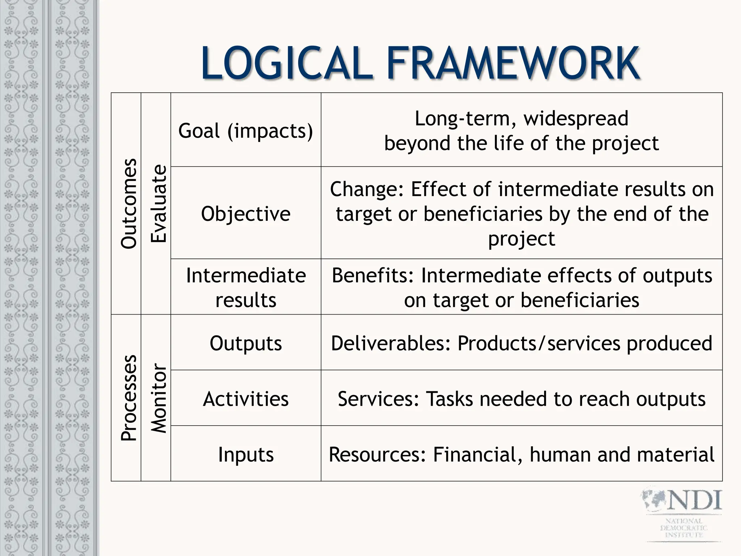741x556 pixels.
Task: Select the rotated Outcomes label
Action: [129, 203]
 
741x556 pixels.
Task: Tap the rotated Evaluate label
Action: [158, 203]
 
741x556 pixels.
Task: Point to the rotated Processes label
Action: [129, 397]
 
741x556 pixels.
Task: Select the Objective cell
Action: [246, 214]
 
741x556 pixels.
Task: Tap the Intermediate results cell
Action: [246, 287]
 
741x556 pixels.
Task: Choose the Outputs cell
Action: [246, 343]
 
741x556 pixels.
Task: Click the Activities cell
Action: [246, 399]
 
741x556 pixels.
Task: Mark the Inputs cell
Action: [246, 454]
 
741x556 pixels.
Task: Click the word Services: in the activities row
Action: [378, 399]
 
